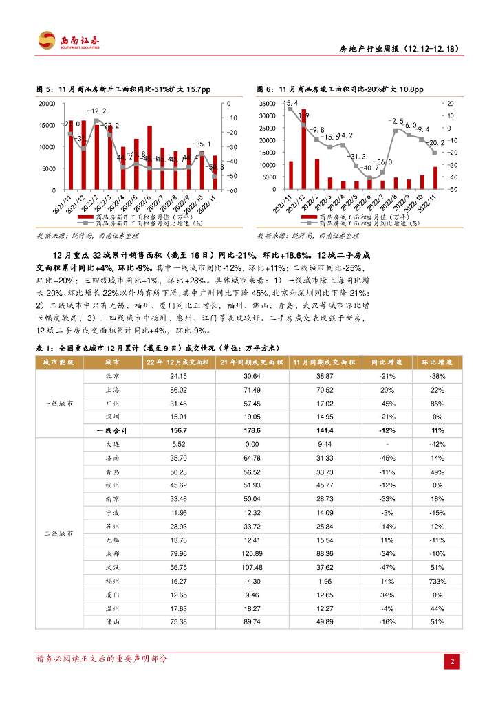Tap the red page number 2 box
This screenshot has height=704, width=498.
453,662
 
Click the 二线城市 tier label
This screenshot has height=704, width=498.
59,533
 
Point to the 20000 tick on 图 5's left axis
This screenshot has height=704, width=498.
47,104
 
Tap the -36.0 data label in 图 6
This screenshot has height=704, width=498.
385,162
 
